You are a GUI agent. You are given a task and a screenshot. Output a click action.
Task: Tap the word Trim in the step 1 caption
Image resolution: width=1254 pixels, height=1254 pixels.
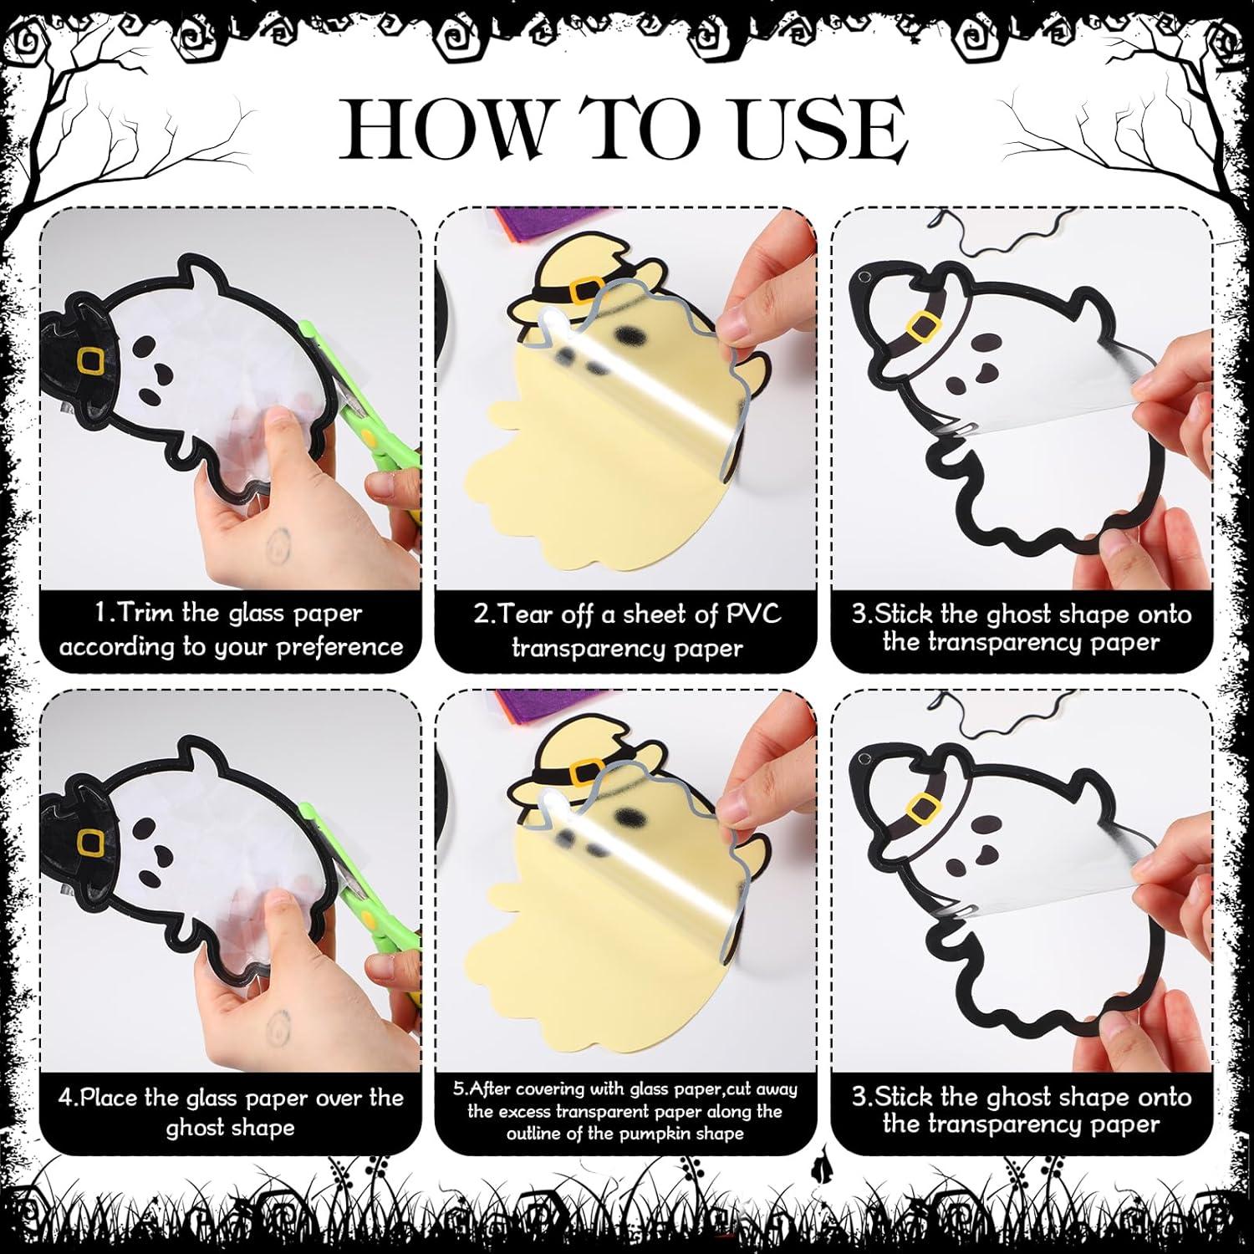(147, 613)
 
